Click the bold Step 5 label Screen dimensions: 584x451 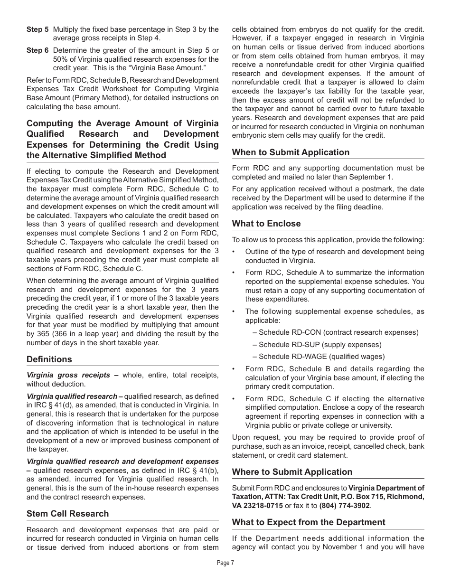(x=37, y=29)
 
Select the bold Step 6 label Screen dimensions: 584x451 (x=37, y=50)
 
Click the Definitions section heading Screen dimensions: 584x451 (x=49, y=359)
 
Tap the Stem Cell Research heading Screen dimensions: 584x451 (x=67, y=514)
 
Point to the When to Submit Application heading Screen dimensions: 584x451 (x=291, y=152)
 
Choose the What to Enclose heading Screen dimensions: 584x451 (x=266, y=224)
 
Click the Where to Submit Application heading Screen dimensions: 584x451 (x=292, y=472)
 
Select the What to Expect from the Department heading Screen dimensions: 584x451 (x=309, y=522)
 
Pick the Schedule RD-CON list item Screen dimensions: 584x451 (x=336, y=332)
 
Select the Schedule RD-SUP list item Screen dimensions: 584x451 (x=317, y=345)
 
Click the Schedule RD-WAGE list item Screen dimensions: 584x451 (x=319, y=357)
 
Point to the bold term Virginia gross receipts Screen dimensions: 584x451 (x=68, y=375)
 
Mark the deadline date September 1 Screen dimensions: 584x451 (x=372, y=177)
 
